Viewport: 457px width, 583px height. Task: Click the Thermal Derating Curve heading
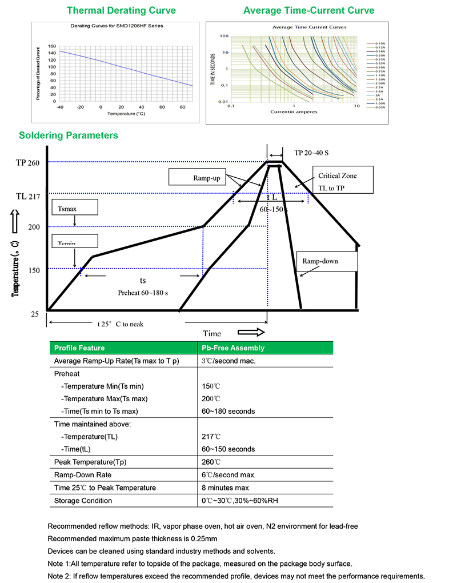[121, 10]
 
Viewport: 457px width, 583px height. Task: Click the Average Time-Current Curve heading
[308, 10]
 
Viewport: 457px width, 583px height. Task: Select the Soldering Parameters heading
[69, 135]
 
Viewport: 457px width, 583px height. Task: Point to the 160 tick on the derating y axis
[52, 46]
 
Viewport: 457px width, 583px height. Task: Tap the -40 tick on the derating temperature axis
[60, 107]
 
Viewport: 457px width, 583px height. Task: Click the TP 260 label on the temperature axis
[27, 163]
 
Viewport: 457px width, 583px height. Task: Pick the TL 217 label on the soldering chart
[27, 197]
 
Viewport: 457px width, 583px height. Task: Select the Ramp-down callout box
[326, 261]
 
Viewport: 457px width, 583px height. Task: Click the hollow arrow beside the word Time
[252, 333]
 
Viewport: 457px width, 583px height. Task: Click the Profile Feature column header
[79, 348]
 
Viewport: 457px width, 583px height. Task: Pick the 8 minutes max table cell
[225, 488]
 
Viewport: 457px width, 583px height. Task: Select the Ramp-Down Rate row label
[83, 475]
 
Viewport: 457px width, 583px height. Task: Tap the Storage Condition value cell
[240, 501]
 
